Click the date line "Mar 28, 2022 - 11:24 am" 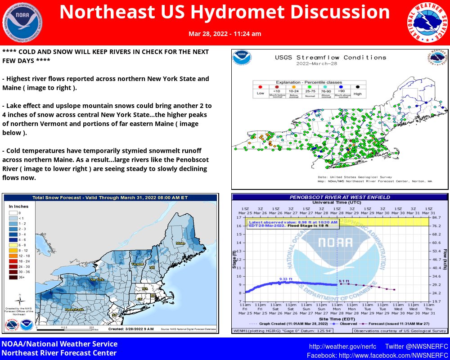coord(225,34)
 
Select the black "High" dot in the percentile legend coord(358,86)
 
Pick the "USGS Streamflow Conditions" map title coord(330,58)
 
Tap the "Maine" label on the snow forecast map coord(180,243)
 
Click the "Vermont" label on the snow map coord(137,264)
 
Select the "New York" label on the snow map coord(97,279)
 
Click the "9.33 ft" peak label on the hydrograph coord(286,279)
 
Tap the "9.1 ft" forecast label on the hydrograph coord(346,281)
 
